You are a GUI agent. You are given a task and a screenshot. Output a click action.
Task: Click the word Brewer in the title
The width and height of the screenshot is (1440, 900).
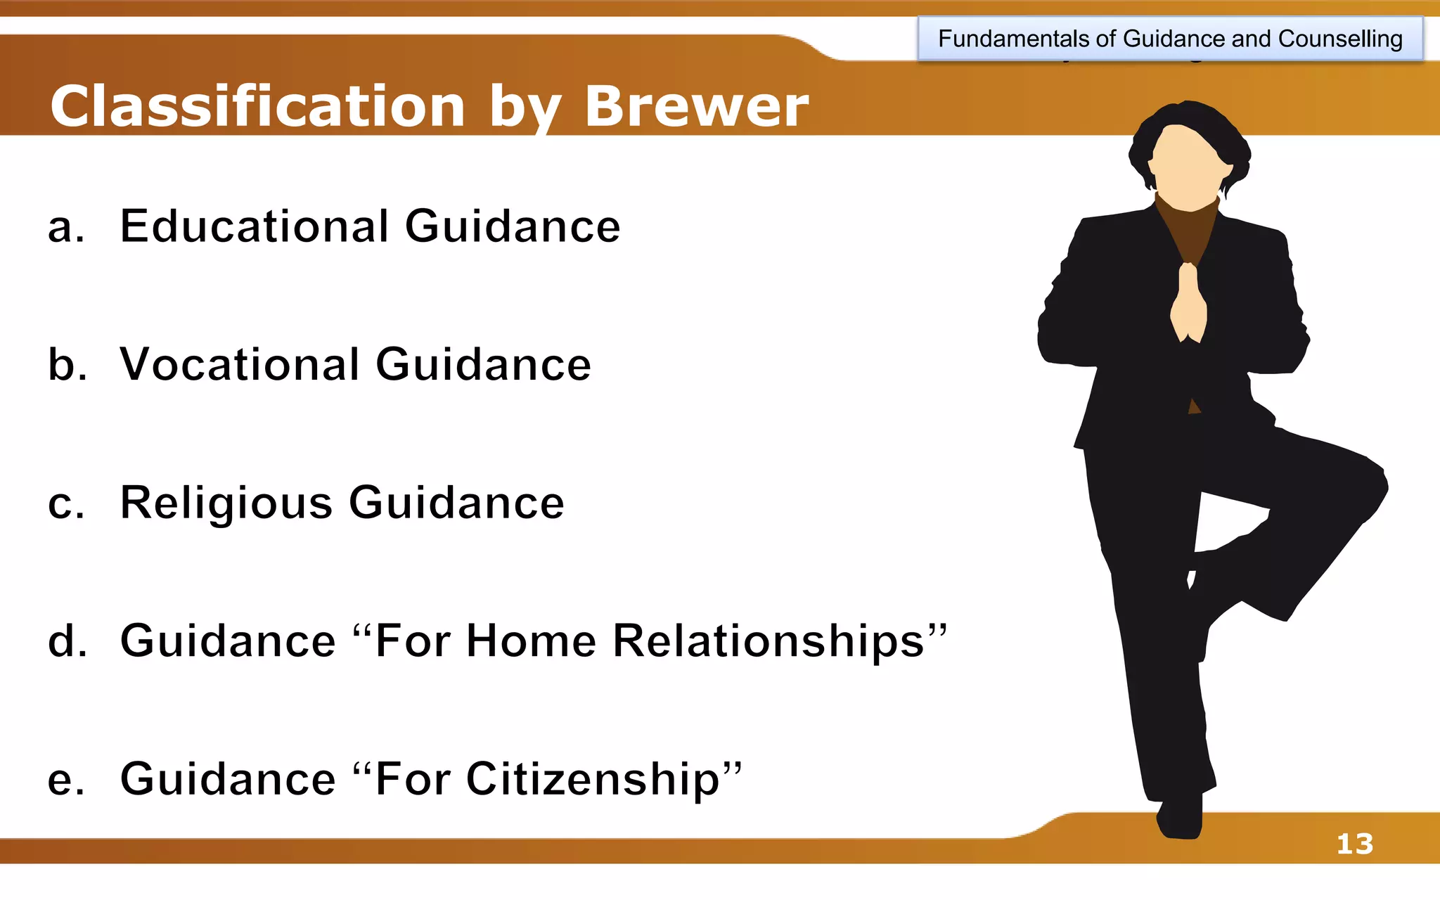pyautogui.click(x=696, y=107)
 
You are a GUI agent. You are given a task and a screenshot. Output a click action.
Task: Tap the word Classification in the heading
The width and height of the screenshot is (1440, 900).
pyautogui.click(x=257, y=107)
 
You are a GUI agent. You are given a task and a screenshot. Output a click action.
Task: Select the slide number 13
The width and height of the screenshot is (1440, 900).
pyautogui.click(x=1354, y=844)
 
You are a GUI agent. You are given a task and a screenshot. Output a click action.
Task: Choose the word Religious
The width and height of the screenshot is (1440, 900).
pyautogui.click(x=226, y=503)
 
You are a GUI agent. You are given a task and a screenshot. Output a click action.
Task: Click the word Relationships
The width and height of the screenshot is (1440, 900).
pyautogui.click(x=769, y=641)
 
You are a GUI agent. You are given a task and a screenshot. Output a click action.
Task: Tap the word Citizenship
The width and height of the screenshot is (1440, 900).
pyautogui.click(x=593, y=779)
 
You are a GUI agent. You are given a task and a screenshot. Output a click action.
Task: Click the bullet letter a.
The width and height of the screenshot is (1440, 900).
pyautogui.click(x=65, y=228)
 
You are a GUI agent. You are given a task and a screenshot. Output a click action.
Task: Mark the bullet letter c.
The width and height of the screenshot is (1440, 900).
pyautogui.click(x=65, y=504)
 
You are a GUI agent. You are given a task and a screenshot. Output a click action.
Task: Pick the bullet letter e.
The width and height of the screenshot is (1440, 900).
pyautogui.click(x=65, y=780)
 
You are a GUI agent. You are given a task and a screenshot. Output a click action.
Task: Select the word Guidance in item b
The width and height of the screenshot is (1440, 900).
pyautogui.click(x=483, y=364)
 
